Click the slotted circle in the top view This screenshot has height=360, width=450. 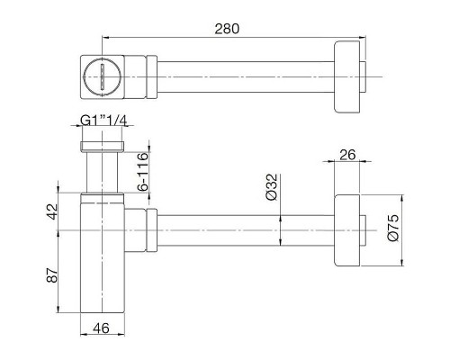point(101,74)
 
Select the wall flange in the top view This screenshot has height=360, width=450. point(349,74)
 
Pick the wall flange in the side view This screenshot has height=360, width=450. point(349,229)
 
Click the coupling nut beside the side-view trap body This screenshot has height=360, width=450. point(144,229)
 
